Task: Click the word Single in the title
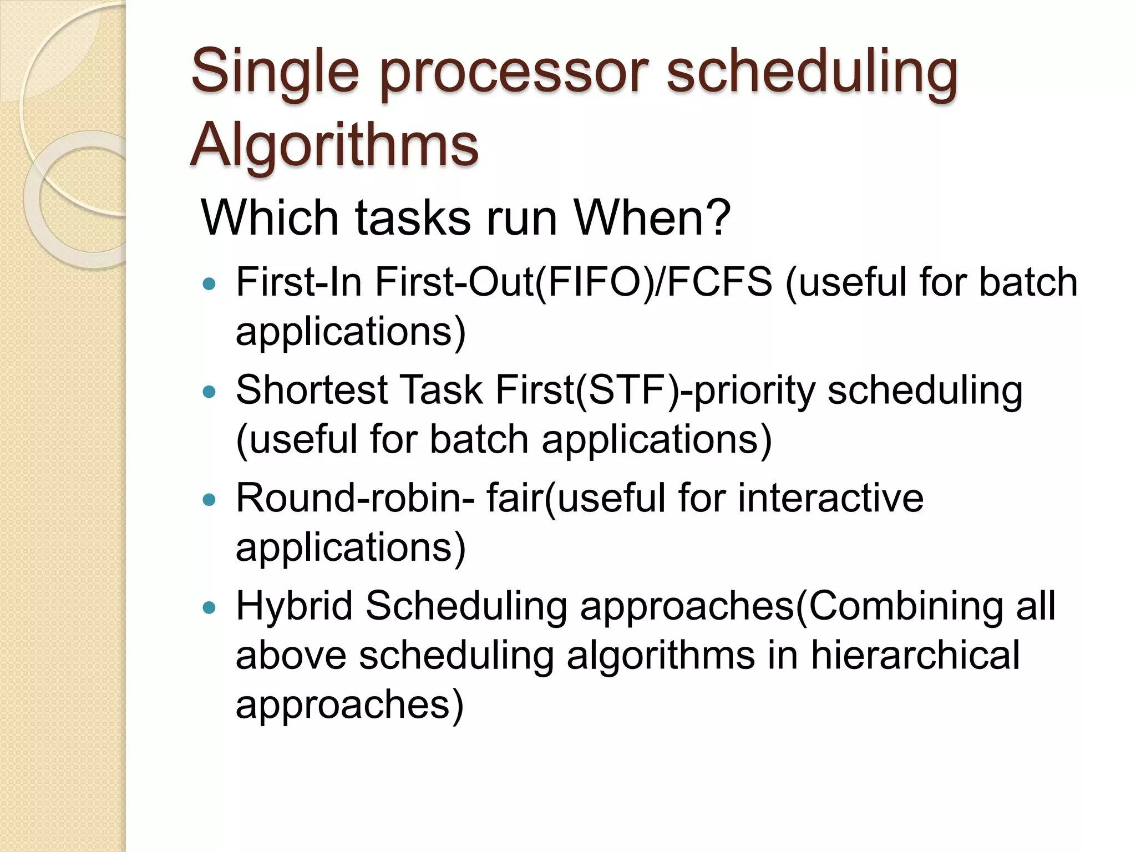(275, 72)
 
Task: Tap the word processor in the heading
(514, 72)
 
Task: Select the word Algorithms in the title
(334, 145)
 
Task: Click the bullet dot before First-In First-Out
(209, 285)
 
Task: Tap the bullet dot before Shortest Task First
(209, 393)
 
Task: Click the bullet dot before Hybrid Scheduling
(209, 608)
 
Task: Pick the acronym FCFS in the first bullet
(719, 282)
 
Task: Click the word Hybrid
(294, 606)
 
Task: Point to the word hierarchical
(915, 655)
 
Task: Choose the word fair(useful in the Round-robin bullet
(576, 498)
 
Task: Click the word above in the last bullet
(291, 655)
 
